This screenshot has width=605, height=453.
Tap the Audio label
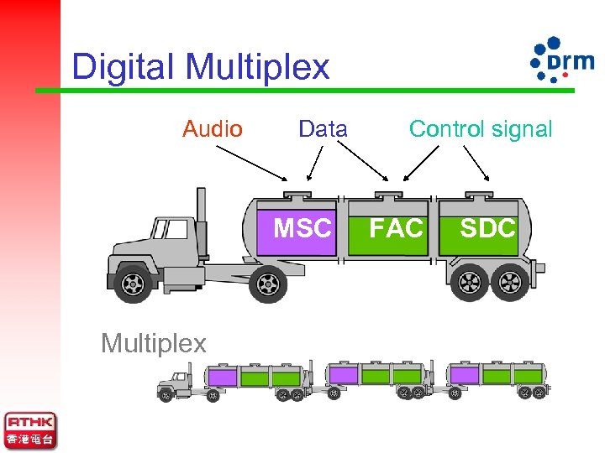tap(213, 129)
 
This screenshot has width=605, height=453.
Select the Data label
tap(323, 129)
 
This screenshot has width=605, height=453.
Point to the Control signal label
tap(480, 129)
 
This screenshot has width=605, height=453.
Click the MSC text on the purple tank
tap(302, 227)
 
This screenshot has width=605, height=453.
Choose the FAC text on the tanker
tap(397, 227)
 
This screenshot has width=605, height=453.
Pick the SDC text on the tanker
tap(487, 227)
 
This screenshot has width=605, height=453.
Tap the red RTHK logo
tap(30, 430)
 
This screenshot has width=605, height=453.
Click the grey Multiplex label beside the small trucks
tap(153, 342)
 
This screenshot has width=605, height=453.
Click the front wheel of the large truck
tap(134, 284)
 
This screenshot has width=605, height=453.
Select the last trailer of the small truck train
tap(496, 377)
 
